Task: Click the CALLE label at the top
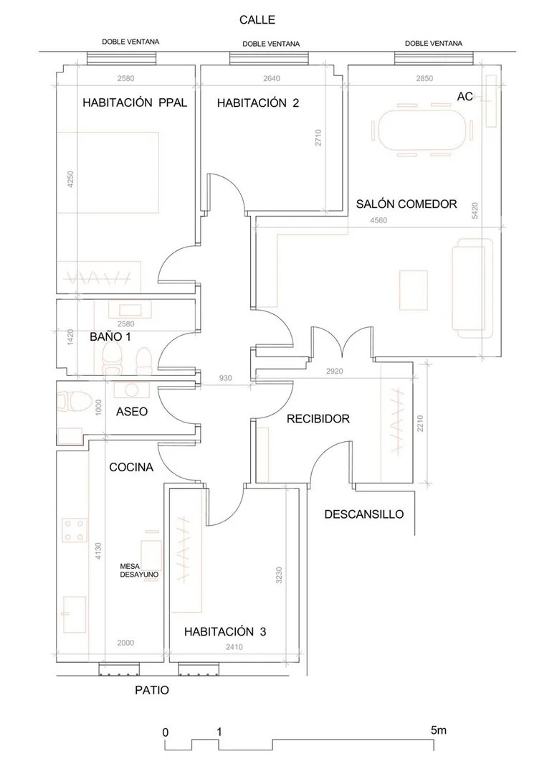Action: pos(257,20)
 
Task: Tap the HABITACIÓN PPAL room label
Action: pos(135,103)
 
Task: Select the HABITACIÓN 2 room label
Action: pos(258,103)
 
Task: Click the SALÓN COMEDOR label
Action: pos(406,204)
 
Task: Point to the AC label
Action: pos(465,96)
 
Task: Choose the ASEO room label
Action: pos(132,411)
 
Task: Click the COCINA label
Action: pos(131,467)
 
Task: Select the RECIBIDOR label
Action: pos(318,419)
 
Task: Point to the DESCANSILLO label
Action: pos(364,514)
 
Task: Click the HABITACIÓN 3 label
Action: pos(225,631)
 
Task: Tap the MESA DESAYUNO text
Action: pos(139,570)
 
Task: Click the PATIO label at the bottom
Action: pos(152,690)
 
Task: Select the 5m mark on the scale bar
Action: pos(439,730)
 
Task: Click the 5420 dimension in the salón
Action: pos(475,211)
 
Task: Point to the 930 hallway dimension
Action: pos(225,378)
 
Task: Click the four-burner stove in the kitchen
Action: pos(75,530)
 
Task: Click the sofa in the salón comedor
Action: pos(472,288)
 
